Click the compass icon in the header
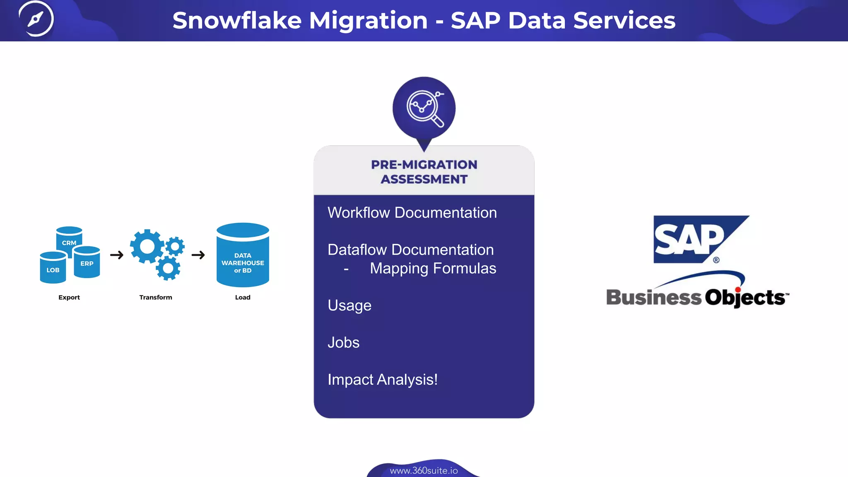point(36,19)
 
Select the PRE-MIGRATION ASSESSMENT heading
point(424,172)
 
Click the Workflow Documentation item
point(412,213)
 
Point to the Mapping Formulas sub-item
point(433,268)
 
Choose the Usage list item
point(349,306)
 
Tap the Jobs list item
point(343,342)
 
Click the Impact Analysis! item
point(383,380)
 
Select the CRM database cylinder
point(69,238)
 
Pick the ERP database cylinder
point(87,263)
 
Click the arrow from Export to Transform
point(117,255)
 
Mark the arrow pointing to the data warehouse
point(198,255)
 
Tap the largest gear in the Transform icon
point(147,246)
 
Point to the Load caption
point(243,297)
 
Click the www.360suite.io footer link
point(424,471)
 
